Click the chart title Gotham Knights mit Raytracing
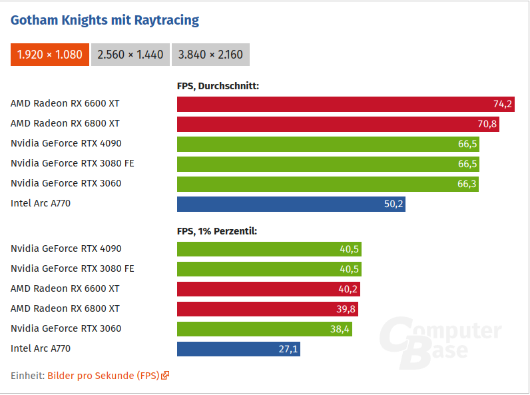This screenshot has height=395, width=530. (x=105, y=20)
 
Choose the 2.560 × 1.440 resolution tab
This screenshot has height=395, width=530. (x=130, y=55)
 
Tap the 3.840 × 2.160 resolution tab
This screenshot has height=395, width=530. (x=210, y=55)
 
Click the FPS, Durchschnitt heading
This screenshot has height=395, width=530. (x=218, y=85)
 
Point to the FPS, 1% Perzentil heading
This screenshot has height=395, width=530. (x=216, y=231)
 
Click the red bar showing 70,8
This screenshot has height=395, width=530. (x=338, y=124)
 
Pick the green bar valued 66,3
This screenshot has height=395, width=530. (x=328, y=184)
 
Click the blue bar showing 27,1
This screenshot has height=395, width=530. (x=238, y=349)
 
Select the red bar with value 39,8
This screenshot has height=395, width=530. (x=268, y=309)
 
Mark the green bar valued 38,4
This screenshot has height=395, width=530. (x=264, y=329)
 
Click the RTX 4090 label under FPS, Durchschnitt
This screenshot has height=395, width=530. (x=66, y=143)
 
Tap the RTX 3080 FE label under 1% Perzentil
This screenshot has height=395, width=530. (x=73, y=268)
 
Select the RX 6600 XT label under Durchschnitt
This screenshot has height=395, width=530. (x=65, y=103)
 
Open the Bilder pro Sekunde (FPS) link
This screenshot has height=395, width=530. (x=103, y=376)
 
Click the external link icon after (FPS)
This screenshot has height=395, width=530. (x=165, y=376)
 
